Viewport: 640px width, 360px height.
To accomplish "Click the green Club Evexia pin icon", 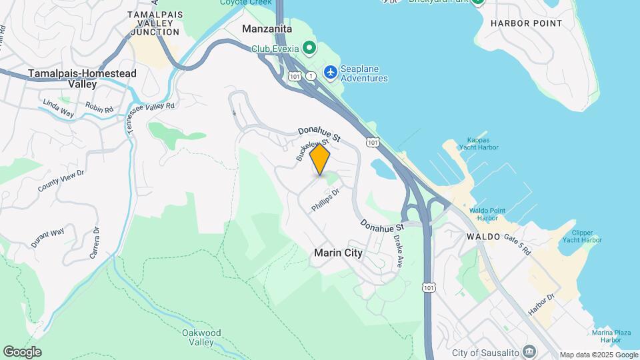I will tap(309, 48).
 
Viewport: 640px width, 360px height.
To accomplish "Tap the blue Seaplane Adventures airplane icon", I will tap(330, 71).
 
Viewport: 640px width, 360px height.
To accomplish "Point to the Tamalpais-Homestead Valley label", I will tap(82, 79).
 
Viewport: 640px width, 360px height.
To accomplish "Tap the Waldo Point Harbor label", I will tap(483, 214).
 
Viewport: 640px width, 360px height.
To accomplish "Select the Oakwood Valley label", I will tap(201, 337).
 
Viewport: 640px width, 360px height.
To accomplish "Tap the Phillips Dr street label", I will tap(325, 200).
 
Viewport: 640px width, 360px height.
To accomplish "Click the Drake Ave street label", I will tap(399, 247).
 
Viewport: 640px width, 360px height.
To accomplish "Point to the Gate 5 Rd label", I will tap(517, 245).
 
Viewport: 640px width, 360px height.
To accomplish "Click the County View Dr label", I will tap(61, 181).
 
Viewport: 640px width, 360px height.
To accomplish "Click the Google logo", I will tap(22, 351).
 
